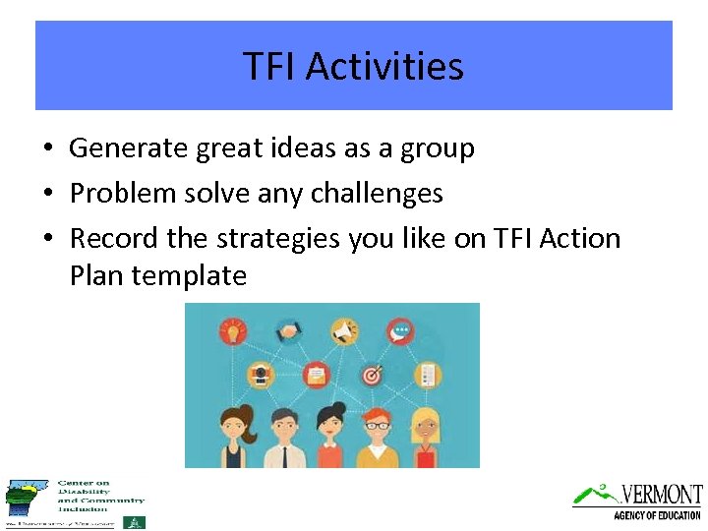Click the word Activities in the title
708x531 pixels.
click(384, 67)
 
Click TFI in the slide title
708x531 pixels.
click(270, 67)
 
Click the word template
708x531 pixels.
click(191, 275)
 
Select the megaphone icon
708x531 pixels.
click(343, 331)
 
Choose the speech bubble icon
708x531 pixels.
click(400, 330)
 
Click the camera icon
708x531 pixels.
click(260, 374)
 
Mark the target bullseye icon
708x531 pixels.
click(372, 375)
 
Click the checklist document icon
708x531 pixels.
click(428, 374)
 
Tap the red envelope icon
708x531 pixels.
click(316, 374)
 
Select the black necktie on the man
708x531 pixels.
click(283, 456)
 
